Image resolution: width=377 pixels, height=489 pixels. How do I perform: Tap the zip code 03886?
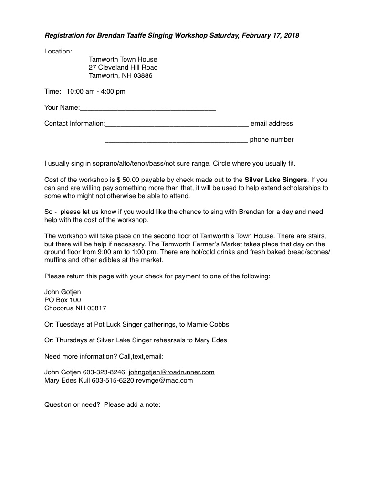click(143, 75)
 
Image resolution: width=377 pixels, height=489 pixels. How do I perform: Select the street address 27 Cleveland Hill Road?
click(123, 67)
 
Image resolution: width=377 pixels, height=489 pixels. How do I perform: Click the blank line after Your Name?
click(148, 108)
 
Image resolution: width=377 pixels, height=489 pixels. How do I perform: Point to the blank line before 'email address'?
click(177, 124)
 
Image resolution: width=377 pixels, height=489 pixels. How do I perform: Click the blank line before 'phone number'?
click(176, 140)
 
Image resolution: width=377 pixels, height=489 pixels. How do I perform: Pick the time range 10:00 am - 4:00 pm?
click(96, 91)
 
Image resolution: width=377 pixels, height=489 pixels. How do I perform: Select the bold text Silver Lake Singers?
click(276, 180)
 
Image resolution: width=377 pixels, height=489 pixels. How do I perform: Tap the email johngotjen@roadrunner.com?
click(171, 372)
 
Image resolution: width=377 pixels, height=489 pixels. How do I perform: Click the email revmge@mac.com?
click(164, 380)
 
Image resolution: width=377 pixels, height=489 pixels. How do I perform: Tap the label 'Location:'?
click(58, 51)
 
